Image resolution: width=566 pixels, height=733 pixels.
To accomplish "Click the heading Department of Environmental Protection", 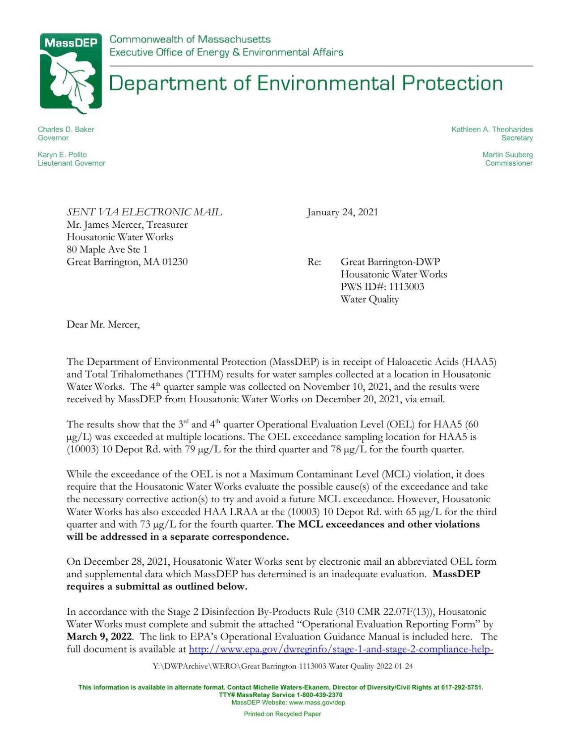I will click(305, 84).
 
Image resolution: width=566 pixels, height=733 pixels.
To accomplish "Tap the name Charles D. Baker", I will click(66, 129).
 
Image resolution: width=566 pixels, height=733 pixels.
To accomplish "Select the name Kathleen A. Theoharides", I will click(492, 129).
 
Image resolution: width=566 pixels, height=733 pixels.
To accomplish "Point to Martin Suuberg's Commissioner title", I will click(509, 163).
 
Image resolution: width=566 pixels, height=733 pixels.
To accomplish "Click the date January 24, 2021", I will click(342, 212).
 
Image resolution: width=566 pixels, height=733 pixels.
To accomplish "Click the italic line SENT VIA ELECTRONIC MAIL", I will click(144, 212).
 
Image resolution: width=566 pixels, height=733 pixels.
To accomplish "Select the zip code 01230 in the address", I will click(174, 262).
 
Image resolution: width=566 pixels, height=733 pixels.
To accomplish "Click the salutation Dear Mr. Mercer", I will click(103, 324).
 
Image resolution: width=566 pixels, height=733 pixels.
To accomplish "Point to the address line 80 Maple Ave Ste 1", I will click(107, 249).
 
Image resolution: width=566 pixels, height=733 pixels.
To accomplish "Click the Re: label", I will click(314, 262).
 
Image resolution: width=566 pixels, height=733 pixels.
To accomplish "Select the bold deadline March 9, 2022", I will click(99, 637).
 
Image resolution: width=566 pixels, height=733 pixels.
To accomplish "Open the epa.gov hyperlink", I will click(340, 649).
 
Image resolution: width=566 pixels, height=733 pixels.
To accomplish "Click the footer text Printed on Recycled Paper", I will click(282, 714).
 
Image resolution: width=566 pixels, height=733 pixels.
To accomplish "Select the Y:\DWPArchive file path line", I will click(282, 666).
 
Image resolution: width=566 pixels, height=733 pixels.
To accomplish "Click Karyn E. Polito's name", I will click(62, 155).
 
